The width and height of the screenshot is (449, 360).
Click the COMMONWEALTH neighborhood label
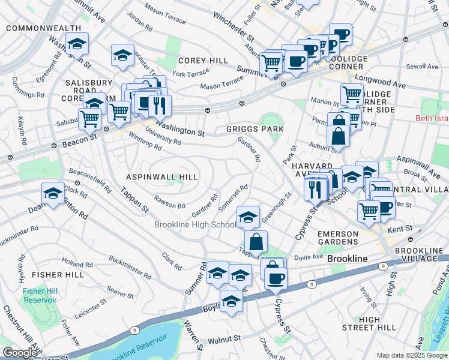[x=43, y=28]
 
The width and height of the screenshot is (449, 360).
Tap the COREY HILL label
[x=203, y=61]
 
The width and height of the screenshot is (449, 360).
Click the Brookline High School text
[x=195, y=225]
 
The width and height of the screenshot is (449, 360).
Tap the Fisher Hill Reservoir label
[x=40, y=295]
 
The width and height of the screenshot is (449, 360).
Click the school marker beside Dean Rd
[x=52, y=194]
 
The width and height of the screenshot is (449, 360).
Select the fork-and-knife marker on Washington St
[x=159, y=106]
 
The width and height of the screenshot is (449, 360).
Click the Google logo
[x=20, y=353]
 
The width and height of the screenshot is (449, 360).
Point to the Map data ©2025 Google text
[x=411, y=355]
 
